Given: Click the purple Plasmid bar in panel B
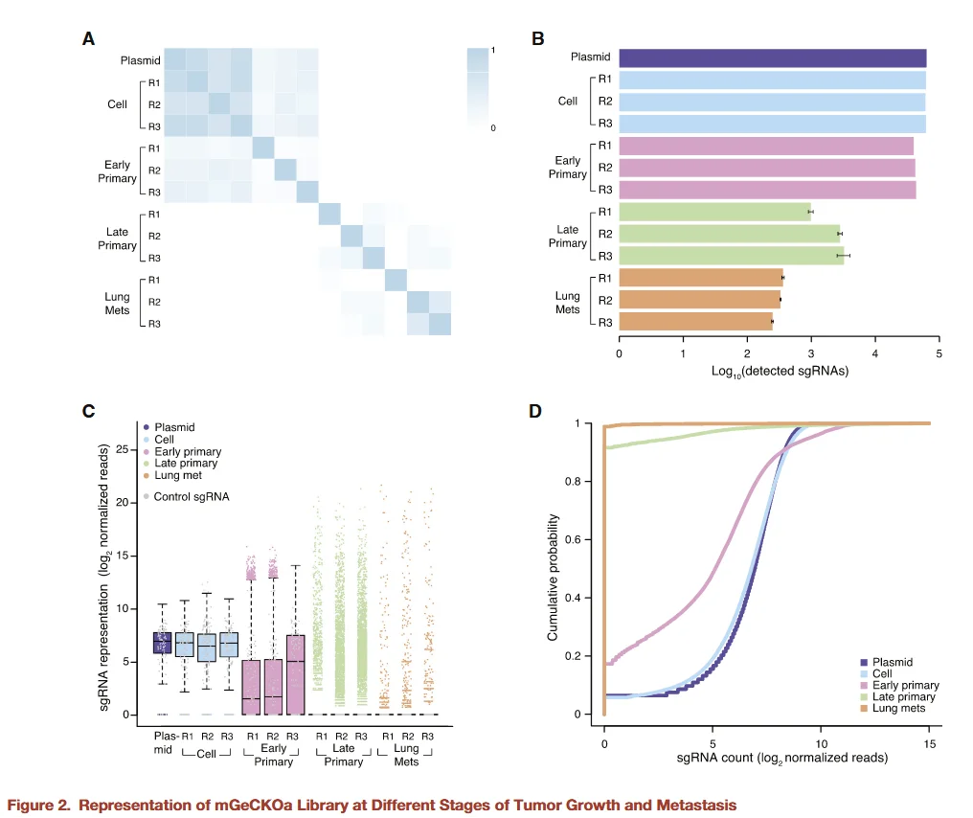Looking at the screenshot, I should pos(772,57).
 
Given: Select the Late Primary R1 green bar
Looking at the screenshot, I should pos(714,212).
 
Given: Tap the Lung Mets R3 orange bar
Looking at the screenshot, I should pos(695,322).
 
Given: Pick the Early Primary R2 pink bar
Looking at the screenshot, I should pos(766,168).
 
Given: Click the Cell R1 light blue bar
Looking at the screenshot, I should pos(772,80).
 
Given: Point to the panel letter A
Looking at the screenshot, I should pos(88,39).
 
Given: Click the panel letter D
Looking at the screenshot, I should pos(536,411).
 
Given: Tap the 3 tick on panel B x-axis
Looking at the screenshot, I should pos(811,352).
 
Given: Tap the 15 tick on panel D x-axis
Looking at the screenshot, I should pos(929,741).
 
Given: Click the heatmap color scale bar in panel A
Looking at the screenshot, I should pos(480,87).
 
